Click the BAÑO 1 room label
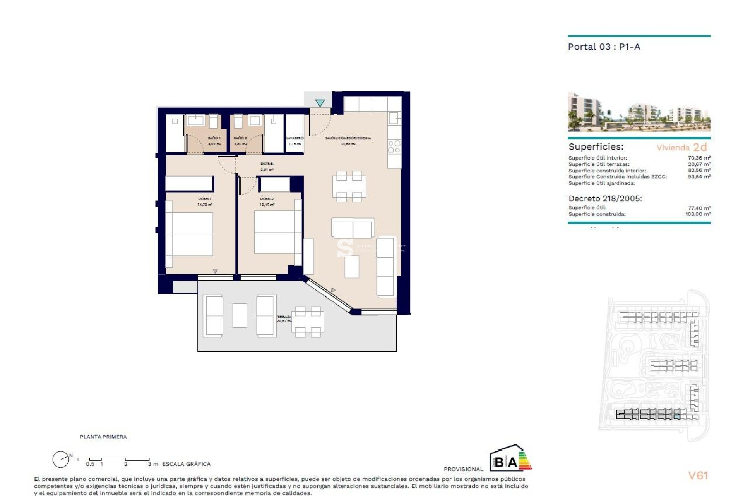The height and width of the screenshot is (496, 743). click(x=214, y=138)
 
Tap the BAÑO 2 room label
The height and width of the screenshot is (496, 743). click(x=240, y=138)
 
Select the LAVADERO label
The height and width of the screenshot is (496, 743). click(x=294, y=138)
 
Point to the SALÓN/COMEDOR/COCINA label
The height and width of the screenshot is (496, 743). click(x=348, y=138)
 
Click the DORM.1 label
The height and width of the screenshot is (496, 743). click(x=205, y=199)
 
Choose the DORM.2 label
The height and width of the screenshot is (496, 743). click(x=267, y=199)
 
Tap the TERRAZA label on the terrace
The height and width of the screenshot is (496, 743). click(x=284, y=317)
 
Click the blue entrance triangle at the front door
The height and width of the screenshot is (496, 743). click(x=320, y=103)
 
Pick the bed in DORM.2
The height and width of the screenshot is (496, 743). click(x=275, y=232)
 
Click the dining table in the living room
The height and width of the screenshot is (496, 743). click(x=349, y=186)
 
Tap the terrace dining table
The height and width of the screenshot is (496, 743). click(x=308, y=322)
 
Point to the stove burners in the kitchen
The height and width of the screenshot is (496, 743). click(x=394, y=147)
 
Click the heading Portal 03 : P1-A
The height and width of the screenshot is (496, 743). click(x=604, y=47)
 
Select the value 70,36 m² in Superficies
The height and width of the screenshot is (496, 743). click(x=699, y=158)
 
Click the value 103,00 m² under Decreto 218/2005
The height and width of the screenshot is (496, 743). click(x=698, y=214)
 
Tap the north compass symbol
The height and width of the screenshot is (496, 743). click(x=61, y=460)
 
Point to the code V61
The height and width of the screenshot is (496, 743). click(x=698, y=475)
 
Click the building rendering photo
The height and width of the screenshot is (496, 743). click(x=639, y=112)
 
